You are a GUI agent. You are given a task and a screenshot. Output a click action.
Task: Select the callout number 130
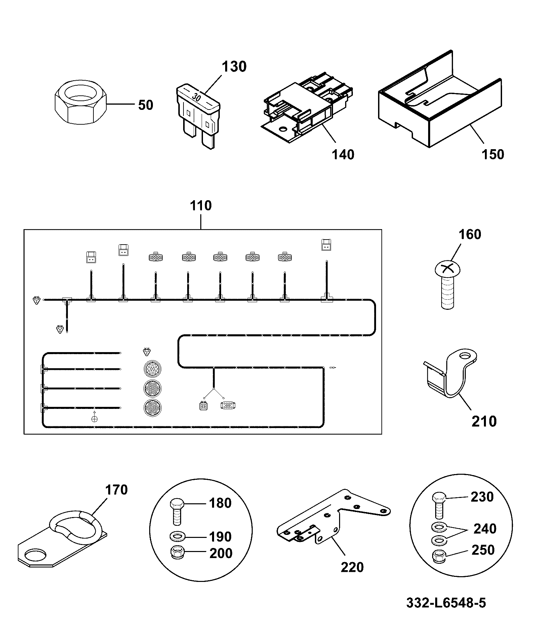click(234, 67)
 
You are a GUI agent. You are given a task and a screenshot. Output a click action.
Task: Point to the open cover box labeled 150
click(440, 101)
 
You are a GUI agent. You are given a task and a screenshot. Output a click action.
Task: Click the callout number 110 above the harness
click(201, 205)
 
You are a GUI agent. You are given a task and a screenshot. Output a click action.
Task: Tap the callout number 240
click(485, 529)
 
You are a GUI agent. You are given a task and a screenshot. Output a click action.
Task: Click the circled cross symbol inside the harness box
click(94, 419)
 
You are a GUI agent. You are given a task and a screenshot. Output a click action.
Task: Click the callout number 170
click(116, 490)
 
